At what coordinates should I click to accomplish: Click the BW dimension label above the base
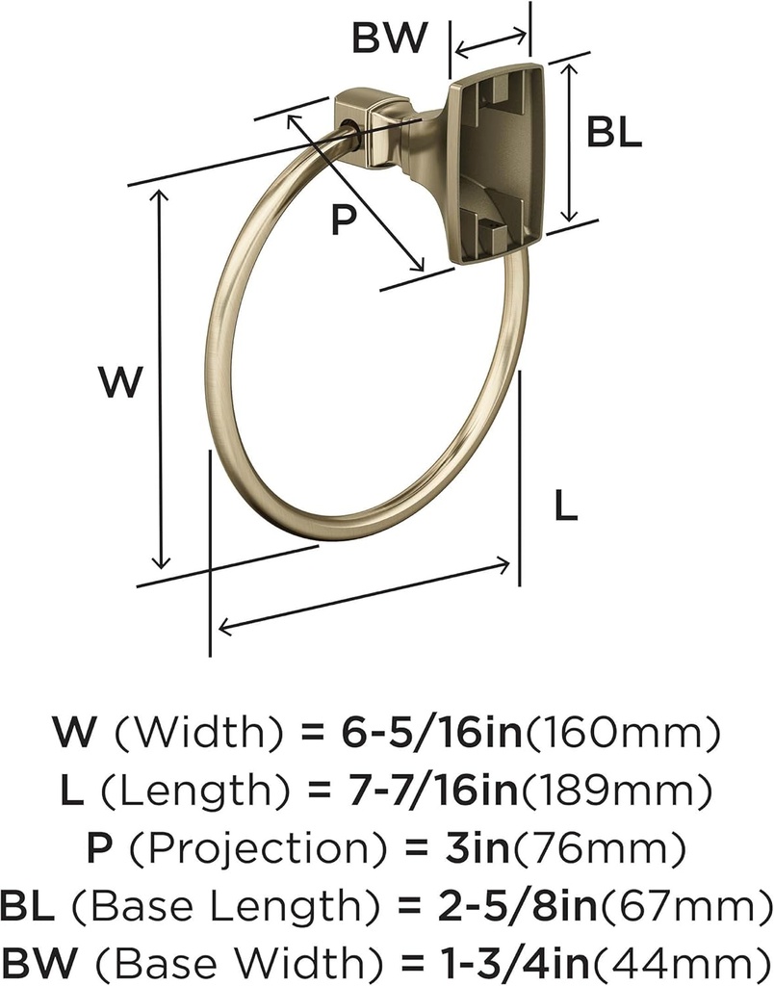click(390, 38)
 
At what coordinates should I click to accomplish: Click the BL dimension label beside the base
click(614, 132)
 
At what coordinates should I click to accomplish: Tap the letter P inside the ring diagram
click(344, 221)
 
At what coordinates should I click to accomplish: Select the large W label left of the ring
click(120, 381)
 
